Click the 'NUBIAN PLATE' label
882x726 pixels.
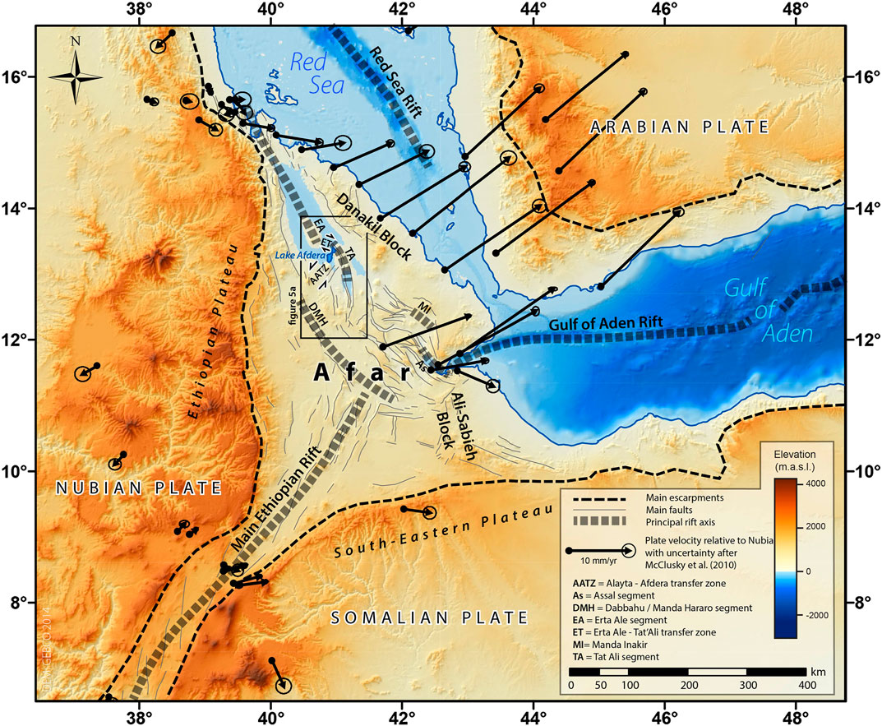pos(139,488)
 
